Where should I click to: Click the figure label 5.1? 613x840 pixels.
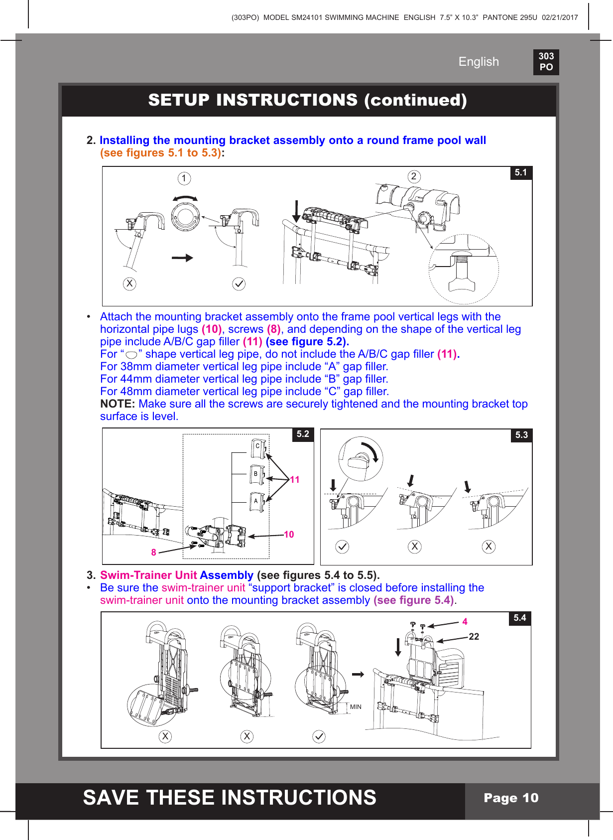tap(521, 172)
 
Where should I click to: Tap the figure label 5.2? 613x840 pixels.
tap(303, 434)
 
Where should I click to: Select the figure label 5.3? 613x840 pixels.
tap(521, 435)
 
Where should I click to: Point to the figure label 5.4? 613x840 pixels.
tap(520, 618)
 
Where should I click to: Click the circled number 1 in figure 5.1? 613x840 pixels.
tap(184, 178)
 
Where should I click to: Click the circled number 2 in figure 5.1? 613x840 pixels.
tap(413, 176)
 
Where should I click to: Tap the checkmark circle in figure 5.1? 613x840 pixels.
tap(239, 284)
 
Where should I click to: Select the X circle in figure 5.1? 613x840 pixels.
tap(129, 283)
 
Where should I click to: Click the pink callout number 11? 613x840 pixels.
tap(295, 480)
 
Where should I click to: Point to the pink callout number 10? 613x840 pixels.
tap(289, 535)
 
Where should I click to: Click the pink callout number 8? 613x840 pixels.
tap(153, 552)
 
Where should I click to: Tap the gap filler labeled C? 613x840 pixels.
tap(258, 447)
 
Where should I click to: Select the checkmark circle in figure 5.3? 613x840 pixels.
tap(342, 547)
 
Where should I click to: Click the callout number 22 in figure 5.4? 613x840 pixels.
tap(474, 637)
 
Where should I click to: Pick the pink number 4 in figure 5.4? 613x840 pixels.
tap(465, 622)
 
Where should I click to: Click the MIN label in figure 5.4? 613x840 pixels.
tap(356, 707)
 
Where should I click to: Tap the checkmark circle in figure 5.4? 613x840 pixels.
tap(319, 736)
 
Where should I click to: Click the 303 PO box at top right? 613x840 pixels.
tap(546, 62)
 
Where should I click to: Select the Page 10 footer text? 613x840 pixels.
tap(511, 798)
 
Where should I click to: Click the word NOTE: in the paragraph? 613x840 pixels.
tap(118, 404)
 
